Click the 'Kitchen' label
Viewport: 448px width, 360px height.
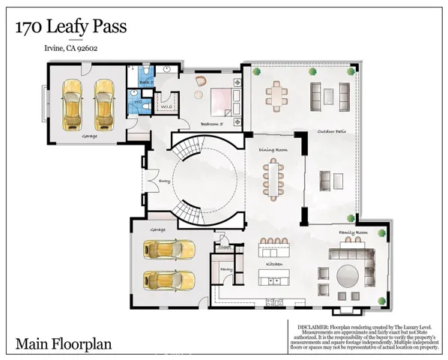point(274,265)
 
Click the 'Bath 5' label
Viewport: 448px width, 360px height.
point(147,82)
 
